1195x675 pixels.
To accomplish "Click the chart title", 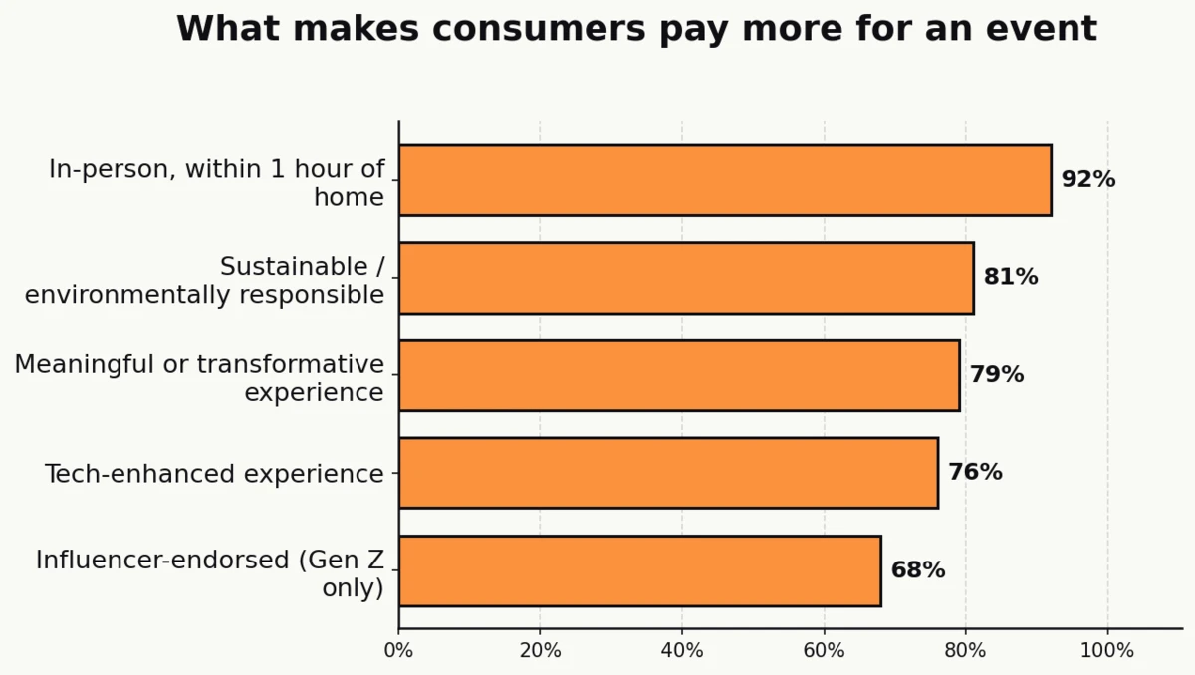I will pyautogui.click(x=636, y=29).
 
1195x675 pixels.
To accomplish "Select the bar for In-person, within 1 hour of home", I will pyautogui.click(x=725, y=180).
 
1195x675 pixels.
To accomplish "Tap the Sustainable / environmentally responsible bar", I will pyautogui.click(x=686, y=278).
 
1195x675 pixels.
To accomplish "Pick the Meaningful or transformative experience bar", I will pyautogui.click(x=679, y=375).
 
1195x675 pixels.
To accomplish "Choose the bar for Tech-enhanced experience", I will pyautogui.click(x=668, y=473).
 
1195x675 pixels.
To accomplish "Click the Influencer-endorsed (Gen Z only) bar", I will pyautogui.click(x=639, y=570).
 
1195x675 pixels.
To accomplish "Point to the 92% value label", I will pyautogui.click(x=1087, y=180).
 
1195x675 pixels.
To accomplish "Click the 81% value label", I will pyautogui.click(x=1010, y=278).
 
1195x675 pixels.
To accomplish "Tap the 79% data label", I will pyautogui.click(x=996, y=375).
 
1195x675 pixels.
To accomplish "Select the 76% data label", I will pyautogui.click(x=975, y=473).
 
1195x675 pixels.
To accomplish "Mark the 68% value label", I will pyautogui.click(x=917, y=570).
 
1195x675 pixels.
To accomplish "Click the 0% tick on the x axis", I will pyautogui.click(x=398, y=651).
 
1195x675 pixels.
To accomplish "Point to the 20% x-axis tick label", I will pyautogui.click(x=540, y=651).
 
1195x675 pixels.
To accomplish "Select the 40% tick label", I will pyautogui.click(x=682, y=651).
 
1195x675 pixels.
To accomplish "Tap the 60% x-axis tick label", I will pyautogui.click(x=824, y=651).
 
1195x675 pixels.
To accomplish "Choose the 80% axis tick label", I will pyautogui.click(x=965, y=651).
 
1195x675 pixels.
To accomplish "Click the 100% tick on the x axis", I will pyautogui.click(x=1107, y=651).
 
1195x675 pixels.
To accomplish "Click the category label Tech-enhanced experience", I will pyautogui.click(x=214, y=474).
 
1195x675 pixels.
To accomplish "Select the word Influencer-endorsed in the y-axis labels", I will pyautogui.click(x=163, y=560).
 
